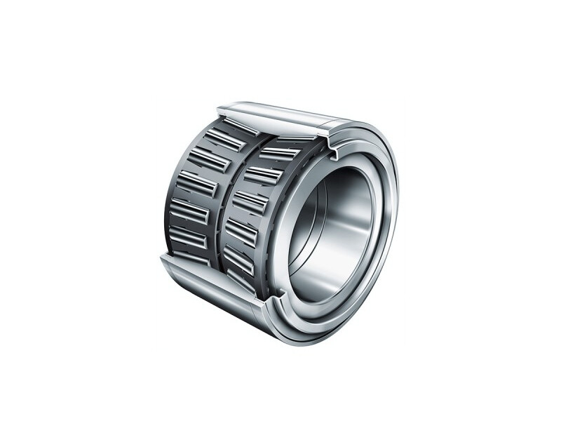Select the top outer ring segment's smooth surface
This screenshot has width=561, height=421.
click(x=280, y=117)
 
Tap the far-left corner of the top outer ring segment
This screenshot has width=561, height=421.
click(x=219, y=107)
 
